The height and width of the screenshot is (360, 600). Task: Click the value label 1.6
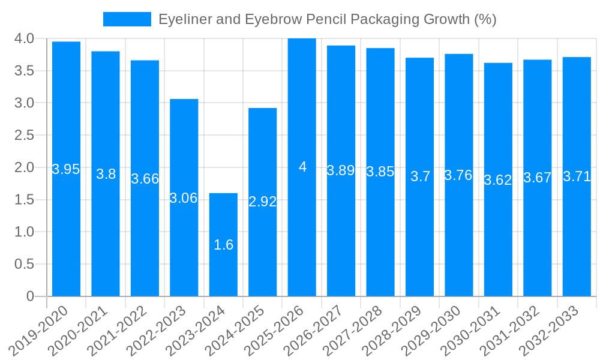click(223, 245)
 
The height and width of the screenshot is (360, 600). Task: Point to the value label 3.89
click(341, 170)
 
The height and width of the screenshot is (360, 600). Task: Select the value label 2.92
click(263, 202)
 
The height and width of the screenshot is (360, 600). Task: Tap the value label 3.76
click(458, 175)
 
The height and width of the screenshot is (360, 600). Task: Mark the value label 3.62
click(498, 180)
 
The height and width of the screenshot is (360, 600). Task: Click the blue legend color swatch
click(127, 19)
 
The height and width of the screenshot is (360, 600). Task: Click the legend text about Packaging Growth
click(327, 19)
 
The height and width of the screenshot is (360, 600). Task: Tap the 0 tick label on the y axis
click(31, 296)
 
